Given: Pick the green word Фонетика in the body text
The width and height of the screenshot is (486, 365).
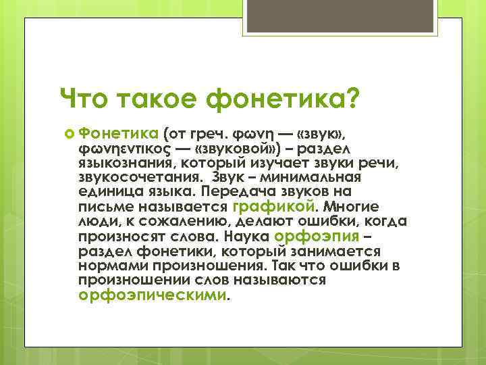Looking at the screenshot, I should (117, 131).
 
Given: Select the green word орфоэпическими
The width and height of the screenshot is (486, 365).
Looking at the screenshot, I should (154, 295).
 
